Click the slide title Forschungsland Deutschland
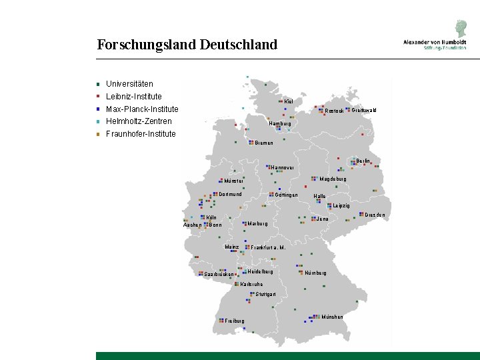[x=187, y=45]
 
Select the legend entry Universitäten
[x=129, y=84]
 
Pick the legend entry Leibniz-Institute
[x=133, y=97]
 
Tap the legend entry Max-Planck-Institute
[x=142, y=109]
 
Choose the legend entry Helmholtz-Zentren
[x=139, y=121]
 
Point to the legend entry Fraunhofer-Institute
[x=141, y=134]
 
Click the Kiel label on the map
[x=289, y=102]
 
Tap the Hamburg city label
[x=280, y=123]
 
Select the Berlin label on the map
[x=363, y=161]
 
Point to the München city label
[x=332, y=317]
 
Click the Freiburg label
[x=235, y=321]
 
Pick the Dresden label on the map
[x=375, y=215]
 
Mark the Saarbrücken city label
[x=219, y=275]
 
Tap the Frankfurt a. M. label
[x=268, y=247]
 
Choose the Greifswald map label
[x=364, y=110]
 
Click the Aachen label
[x=192, y=225]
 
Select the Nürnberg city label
[x=315, y=273]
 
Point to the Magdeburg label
[x=333, y=179]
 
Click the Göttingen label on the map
[x=286, y=195]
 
